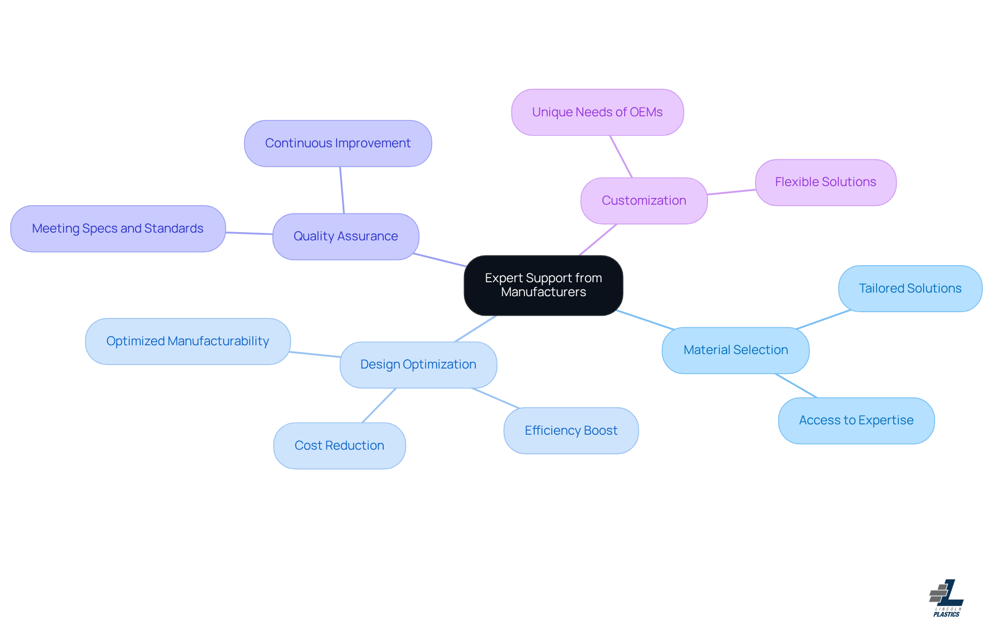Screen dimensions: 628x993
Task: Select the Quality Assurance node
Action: (345, 236)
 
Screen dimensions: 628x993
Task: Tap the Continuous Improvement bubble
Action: (338, 143)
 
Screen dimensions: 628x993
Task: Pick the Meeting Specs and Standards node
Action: (118, 228)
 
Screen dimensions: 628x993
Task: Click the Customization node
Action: (644, 201)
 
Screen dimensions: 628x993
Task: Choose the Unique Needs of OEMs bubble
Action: (597, 112)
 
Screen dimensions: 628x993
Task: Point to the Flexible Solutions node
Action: (825, 182)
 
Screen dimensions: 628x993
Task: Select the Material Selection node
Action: (735, 350)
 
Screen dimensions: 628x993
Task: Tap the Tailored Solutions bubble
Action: (910, 288)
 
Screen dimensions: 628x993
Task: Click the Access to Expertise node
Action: (856, 420)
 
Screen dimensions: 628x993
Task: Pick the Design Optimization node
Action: (418, 364)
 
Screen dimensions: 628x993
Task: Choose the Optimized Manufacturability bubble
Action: (188, 341)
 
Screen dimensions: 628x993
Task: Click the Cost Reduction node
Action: (339, 446)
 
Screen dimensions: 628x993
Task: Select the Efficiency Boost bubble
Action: (571, 431)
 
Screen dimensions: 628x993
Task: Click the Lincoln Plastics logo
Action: (946, 598)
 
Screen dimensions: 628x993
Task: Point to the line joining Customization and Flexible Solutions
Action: (731, 192)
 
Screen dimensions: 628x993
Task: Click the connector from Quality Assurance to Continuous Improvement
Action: (342, 190)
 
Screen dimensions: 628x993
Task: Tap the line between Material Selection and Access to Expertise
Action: (796, 386)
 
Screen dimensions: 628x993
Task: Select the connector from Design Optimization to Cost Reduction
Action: (379, 406)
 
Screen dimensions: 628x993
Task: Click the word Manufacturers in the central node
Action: (543, 292)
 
